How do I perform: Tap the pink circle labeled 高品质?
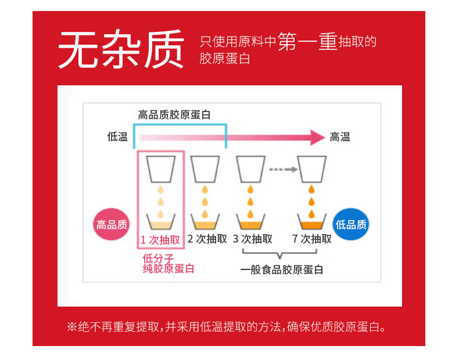(111, 224)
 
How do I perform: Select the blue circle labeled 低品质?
(351, 224)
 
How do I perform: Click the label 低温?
(117, 137)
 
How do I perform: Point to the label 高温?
(340, 137)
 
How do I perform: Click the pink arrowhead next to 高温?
(317, 138)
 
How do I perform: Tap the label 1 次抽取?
(160, 240)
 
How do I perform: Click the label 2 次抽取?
(207, 239)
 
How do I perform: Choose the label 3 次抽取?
(252, 239)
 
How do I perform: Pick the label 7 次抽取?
(311, 239)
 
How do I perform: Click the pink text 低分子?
(158, 257)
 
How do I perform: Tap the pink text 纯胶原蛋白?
(168, 268)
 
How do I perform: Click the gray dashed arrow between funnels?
(282, 170)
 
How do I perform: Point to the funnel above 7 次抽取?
(311, 169)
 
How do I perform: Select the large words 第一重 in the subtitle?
(308, 41)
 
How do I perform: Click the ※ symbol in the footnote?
(72, 327)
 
